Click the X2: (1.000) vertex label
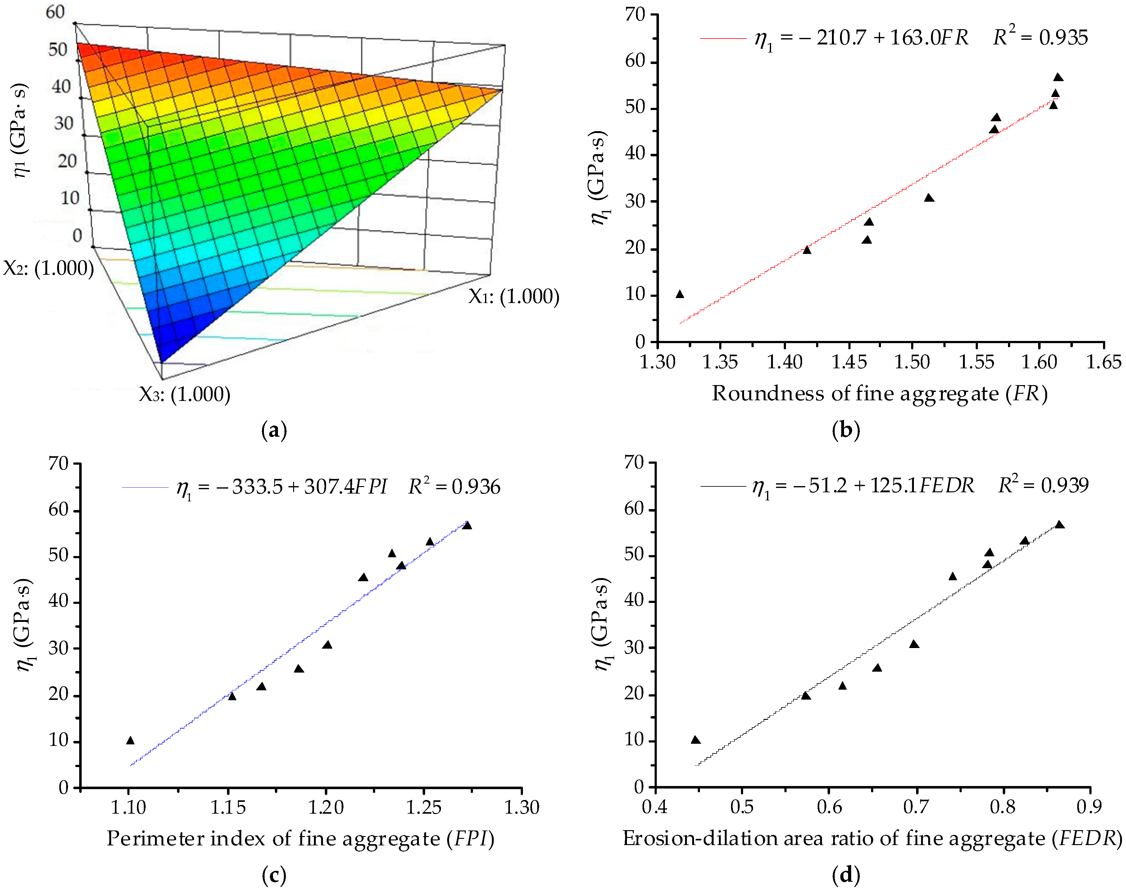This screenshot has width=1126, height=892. pos(48,269)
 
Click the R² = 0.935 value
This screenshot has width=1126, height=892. pos(1040,37)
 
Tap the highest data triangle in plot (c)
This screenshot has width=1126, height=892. pos(467,525)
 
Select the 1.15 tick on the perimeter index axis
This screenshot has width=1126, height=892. pos(228,808)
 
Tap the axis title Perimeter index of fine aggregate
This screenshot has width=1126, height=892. pos(300,839)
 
